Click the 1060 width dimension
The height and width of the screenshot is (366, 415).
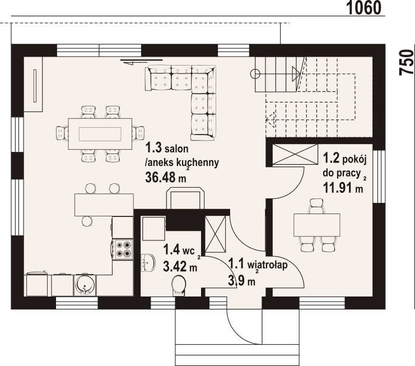363,8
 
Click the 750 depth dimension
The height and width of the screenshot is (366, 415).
407,63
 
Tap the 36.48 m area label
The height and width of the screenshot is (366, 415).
166,177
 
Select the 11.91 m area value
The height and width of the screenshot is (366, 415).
343,188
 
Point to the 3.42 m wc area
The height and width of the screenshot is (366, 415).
180,266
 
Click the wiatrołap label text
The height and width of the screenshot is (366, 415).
267,265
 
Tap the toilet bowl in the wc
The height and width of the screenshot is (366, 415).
179,285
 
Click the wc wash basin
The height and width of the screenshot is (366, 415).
148,263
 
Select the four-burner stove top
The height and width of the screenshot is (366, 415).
123,249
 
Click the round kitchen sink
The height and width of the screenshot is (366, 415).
85,285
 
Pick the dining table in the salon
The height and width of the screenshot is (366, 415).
100,134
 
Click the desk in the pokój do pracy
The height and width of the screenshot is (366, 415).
316,225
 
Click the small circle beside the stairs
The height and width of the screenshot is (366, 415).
255,73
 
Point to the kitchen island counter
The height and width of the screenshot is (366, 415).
104,205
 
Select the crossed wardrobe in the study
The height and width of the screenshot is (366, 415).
295,154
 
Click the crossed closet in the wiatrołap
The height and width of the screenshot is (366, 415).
216,234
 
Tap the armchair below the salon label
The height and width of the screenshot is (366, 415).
185,198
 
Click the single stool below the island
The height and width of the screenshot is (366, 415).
87,221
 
